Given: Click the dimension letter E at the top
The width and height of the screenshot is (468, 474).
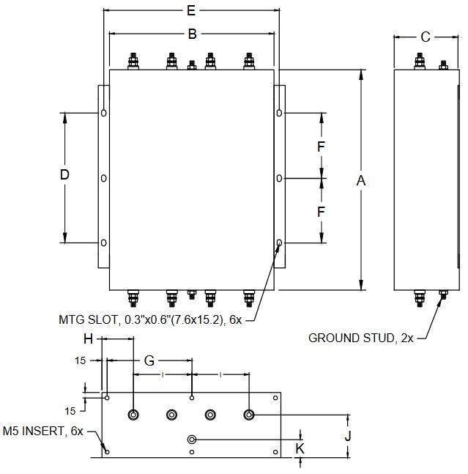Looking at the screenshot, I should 191,11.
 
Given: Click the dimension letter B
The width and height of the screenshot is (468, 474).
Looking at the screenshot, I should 192,34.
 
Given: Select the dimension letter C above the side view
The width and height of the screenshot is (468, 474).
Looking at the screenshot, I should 426,37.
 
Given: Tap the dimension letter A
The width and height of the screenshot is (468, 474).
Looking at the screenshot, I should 360,180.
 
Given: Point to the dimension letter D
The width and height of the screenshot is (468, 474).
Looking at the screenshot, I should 64,175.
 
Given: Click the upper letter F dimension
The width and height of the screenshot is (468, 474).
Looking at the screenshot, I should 321,147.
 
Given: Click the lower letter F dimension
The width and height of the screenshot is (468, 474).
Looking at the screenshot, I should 321,212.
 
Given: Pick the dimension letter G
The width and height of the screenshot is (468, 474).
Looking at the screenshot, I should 149,360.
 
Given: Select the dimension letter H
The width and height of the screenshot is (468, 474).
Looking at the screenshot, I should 88,338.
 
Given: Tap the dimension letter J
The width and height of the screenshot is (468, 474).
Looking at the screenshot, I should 348,435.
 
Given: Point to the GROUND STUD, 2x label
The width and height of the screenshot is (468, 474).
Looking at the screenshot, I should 361,338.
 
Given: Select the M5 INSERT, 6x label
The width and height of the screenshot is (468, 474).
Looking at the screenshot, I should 44,430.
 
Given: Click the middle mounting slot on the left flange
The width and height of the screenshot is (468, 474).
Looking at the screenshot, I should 104,178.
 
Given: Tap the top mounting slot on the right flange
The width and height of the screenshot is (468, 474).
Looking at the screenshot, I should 279,113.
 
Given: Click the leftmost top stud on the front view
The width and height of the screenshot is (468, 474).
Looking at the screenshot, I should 133,61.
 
